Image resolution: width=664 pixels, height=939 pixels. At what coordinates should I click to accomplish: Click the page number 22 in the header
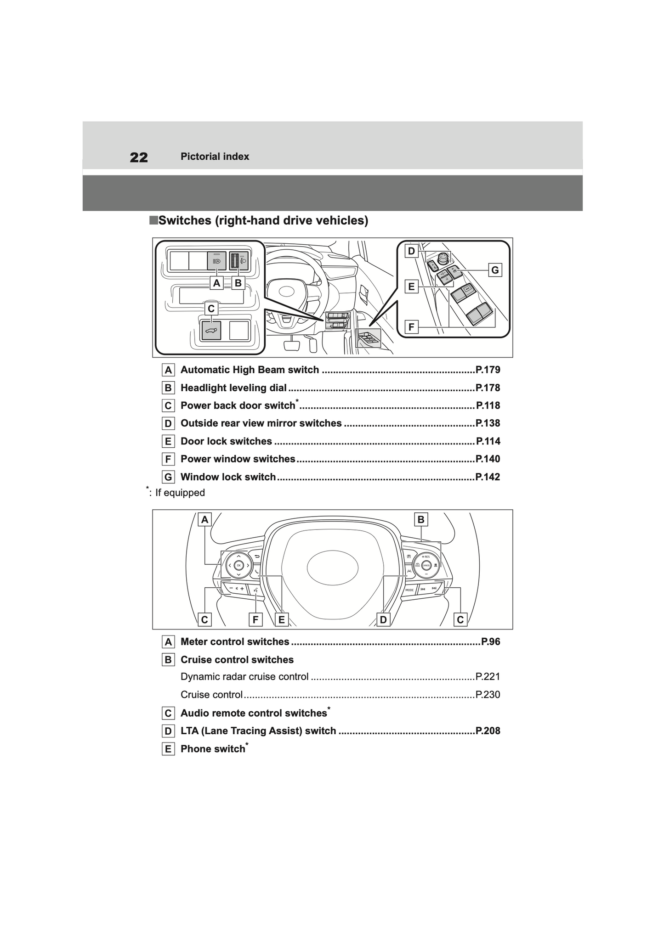coord(139,157)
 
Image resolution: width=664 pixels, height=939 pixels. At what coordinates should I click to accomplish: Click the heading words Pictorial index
coord(215,157)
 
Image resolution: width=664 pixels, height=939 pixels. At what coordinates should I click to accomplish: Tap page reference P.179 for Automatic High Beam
coord(488,370)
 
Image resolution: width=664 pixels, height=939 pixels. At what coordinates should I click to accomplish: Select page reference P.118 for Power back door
coord(488,405)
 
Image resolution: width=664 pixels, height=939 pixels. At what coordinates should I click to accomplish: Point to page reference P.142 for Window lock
coord(488,477)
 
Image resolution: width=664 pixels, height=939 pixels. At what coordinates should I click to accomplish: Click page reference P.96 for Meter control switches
coord(490,641)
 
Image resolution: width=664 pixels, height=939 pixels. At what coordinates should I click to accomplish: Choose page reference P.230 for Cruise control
coord(488,694)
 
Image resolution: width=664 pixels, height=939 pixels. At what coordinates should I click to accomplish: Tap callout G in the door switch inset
coord(495,270)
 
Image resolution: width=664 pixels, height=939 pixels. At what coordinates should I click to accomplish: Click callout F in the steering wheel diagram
coord(255,620)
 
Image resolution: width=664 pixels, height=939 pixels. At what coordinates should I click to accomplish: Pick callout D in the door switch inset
coord(411,251)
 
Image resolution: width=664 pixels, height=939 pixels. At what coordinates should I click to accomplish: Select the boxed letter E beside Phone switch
coord(168,749)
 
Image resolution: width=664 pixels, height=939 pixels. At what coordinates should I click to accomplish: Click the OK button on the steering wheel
coord(238,565)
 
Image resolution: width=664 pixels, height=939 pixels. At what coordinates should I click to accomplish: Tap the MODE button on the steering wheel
coord(409,590)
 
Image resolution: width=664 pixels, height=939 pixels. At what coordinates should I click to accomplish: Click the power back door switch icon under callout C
coord(211,330)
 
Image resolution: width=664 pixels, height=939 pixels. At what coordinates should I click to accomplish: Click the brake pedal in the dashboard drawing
coord(291,344)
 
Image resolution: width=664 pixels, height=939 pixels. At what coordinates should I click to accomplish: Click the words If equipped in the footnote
coord(180,493)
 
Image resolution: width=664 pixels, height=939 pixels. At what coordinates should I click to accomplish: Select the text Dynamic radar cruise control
coord(244,676)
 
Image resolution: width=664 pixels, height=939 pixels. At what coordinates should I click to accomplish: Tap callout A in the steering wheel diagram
coord(204,519)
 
